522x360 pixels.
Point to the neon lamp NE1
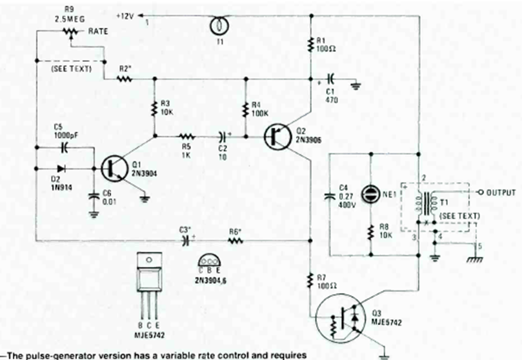(x=371, y=193)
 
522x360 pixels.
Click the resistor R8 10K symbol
(x=372, y=230)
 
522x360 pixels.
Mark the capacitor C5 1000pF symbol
(x=64, y=146)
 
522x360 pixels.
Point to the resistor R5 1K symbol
(x=186, y=136)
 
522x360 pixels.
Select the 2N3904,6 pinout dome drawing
(x=209, y=259)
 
